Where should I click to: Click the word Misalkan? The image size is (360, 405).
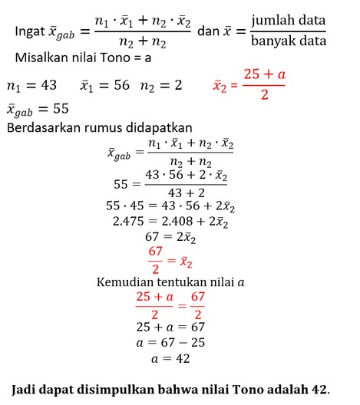point(41,58)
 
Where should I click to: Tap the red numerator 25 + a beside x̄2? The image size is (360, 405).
point(263,74)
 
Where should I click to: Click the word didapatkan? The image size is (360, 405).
point(162,127)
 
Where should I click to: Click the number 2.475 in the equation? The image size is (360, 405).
point(130,222)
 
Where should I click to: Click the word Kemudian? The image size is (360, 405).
point(126,282)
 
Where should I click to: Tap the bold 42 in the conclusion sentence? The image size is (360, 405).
point(317,389)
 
